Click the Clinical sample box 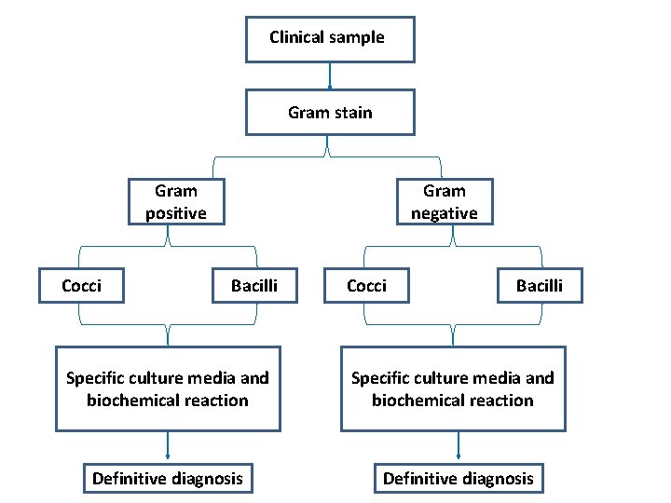pos(329,38)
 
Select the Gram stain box pos(329,113)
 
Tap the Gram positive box pos(175,202)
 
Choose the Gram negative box pos(444,202)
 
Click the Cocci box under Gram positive pos(82,285)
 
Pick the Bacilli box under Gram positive pos(254,285)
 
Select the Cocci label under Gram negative pos(366,285)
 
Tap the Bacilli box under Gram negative pos(540,285)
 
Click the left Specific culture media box pos(168,388)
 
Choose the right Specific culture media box pos(453,388)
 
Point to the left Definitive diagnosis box pos(167,479)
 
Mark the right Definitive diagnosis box pos(459,479)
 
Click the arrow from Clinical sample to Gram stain pos(329,76)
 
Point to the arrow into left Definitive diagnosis pos(168,446)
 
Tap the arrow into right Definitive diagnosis pos(458,446)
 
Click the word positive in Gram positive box pos(175,213)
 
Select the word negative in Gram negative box pos(444,213)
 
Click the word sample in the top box pos(355,37)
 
